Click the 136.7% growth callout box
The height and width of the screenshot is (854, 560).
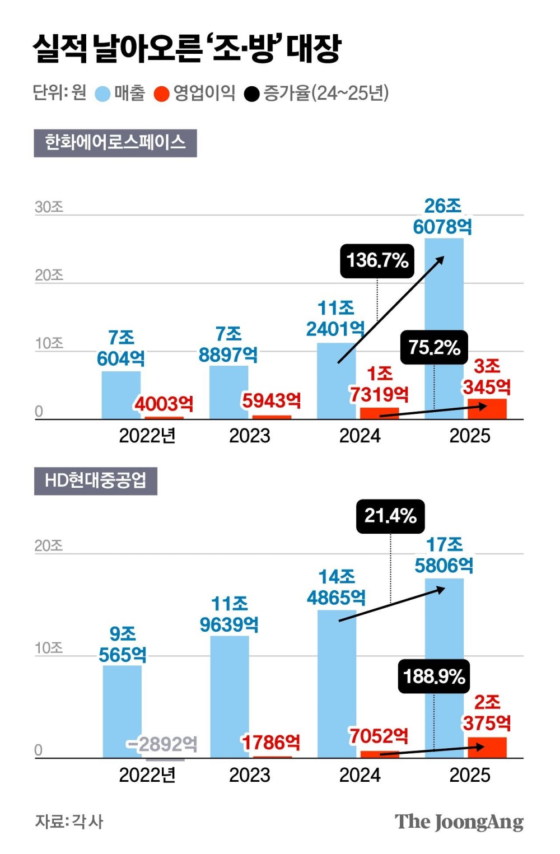pos(377,260)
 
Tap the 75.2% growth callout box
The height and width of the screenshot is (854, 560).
pos(434,347)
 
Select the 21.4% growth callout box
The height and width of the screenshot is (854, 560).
pos(390,516)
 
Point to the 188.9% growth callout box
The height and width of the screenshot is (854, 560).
pos(434,676)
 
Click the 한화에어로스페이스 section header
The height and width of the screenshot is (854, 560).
pos(115,143)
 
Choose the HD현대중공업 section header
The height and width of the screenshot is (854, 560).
pos(95,481)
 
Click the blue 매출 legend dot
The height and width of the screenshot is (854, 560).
pos(102,94)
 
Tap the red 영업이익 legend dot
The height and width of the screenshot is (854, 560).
pos(162,94)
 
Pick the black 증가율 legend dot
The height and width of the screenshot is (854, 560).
pos(252,94)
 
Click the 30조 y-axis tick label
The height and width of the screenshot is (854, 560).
pos(49,207)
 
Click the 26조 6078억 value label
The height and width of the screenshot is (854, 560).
pos(442,216)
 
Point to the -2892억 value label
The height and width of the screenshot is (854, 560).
pos(162,744)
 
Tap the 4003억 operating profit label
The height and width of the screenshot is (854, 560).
pos(164,403)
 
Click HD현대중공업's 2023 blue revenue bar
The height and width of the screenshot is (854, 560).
pos(230,697)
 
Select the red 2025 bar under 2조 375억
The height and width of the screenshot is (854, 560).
pos(487,748)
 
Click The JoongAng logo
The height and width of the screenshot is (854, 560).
pos(459,822)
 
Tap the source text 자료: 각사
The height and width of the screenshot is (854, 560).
pos(69,822)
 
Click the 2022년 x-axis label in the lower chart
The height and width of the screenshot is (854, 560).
pos(147,775)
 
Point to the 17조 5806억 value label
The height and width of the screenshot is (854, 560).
pos(444,555)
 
